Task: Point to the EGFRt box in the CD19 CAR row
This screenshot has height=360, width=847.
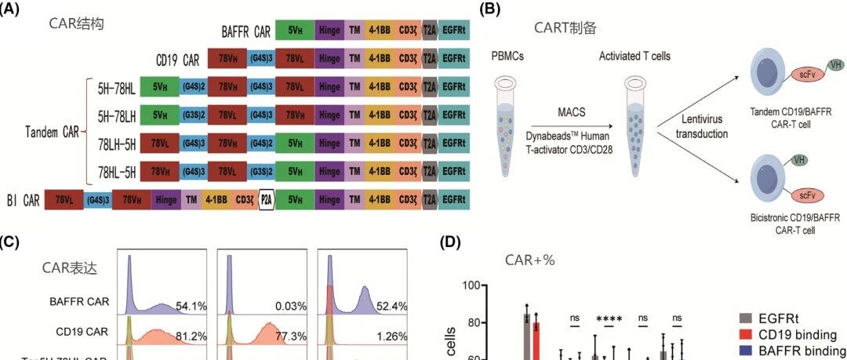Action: tap(454, 59)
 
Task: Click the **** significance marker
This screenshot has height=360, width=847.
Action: tap(609, 319)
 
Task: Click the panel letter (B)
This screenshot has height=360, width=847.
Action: tap(490, 10)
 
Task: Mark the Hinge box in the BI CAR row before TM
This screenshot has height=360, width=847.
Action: tap(167, 200)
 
